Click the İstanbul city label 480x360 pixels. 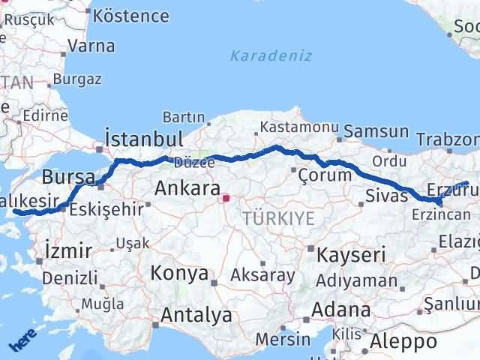(145, 139)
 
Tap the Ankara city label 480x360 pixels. (187, 188)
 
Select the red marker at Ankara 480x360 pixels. (226, 199)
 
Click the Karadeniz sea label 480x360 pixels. (271, 55)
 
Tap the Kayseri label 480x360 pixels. (351, 254)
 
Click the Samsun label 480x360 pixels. (376, 132)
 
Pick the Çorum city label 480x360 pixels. (325, 175)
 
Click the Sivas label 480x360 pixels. (387, 196)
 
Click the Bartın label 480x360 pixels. (184, 117)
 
